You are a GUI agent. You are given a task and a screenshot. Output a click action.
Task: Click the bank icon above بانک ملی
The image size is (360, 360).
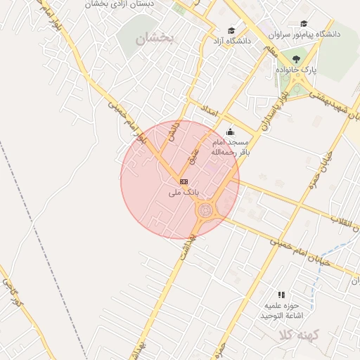(x=184, y=181)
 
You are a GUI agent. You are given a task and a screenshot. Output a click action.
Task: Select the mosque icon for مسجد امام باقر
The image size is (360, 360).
(x=230, y=131)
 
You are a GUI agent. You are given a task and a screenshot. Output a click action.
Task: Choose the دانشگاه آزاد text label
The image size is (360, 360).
(x=227, y=41)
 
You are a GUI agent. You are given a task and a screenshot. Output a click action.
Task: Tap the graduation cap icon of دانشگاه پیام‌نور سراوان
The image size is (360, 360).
(x=304, y=23)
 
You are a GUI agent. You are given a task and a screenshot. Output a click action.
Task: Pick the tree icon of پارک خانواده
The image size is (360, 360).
(x=295, y=60)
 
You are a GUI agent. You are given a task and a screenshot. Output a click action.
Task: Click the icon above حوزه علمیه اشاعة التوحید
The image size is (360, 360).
(x=281, y=295)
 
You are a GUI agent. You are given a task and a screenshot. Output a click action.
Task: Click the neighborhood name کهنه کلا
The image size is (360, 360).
(x=298, y=334)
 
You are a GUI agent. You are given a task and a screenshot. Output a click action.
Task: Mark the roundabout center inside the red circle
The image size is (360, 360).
(x=205, y=209)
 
